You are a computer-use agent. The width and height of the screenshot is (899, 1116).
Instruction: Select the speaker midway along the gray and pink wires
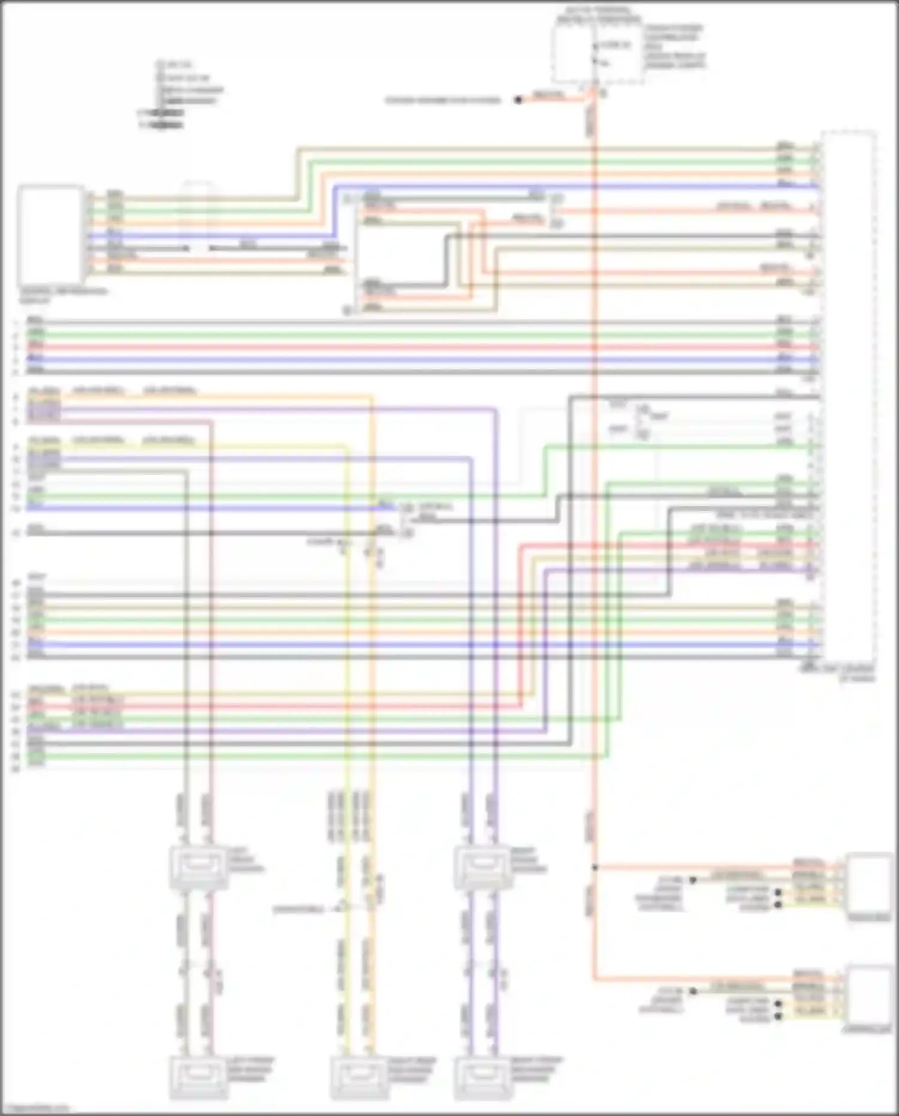point(198,866)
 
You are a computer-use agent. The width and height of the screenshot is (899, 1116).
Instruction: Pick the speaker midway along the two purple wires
point(482,866)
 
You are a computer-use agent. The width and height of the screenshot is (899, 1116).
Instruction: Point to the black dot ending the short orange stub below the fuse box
point(518,100)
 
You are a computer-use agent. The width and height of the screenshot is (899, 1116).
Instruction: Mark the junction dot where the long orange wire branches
point(595,867)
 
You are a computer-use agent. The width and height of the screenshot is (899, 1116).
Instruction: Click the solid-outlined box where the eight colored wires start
point(50,234)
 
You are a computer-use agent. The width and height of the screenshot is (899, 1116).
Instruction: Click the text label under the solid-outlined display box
point(63,295)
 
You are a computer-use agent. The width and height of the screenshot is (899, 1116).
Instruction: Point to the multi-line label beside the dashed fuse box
point(675,47)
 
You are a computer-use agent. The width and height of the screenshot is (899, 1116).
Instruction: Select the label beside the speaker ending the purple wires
point(537,1070)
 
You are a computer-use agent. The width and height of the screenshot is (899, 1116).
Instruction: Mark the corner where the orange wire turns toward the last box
point(595,980)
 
